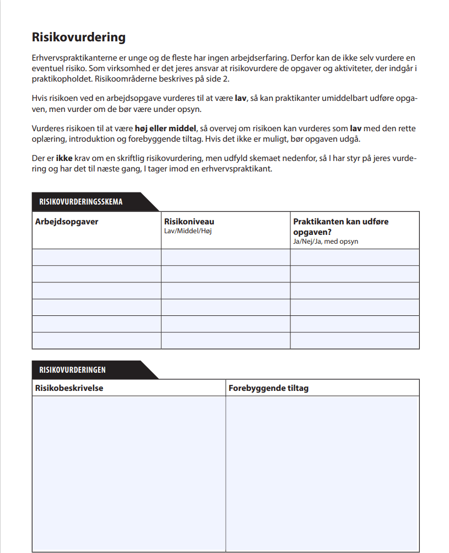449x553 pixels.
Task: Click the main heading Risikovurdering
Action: [79, 37]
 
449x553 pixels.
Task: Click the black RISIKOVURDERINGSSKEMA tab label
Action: [81, 202]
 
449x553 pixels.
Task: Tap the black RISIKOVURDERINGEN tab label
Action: [73, 370]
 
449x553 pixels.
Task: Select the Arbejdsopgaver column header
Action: [67, 222]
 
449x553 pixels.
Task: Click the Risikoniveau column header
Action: [189, 222]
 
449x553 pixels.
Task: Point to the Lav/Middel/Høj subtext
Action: [188, 231]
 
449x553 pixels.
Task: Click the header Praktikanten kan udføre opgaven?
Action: [340, 227]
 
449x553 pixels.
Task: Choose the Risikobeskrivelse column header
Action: [69, 388]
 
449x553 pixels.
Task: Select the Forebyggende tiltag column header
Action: [268, 388]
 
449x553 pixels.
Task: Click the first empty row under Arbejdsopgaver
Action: [96, 257]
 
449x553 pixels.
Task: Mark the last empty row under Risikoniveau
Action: [225, 341]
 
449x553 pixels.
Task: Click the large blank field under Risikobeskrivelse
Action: [128, 473]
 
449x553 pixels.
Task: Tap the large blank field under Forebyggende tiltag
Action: [322, 473]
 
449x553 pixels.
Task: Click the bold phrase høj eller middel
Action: [165, 128]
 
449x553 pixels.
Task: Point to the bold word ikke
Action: [64, 159]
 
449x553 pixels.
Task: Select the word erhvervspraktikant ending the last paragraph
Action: [240, 169]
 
